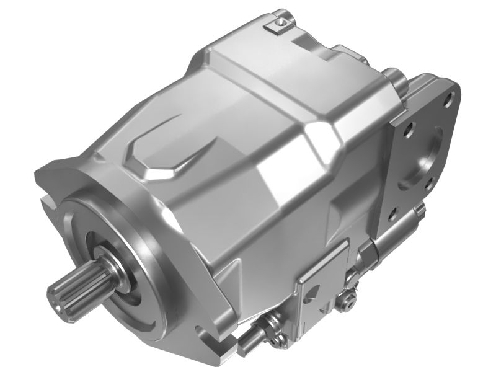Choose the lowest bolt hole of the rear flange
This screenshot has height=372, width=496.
(392, 216)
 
